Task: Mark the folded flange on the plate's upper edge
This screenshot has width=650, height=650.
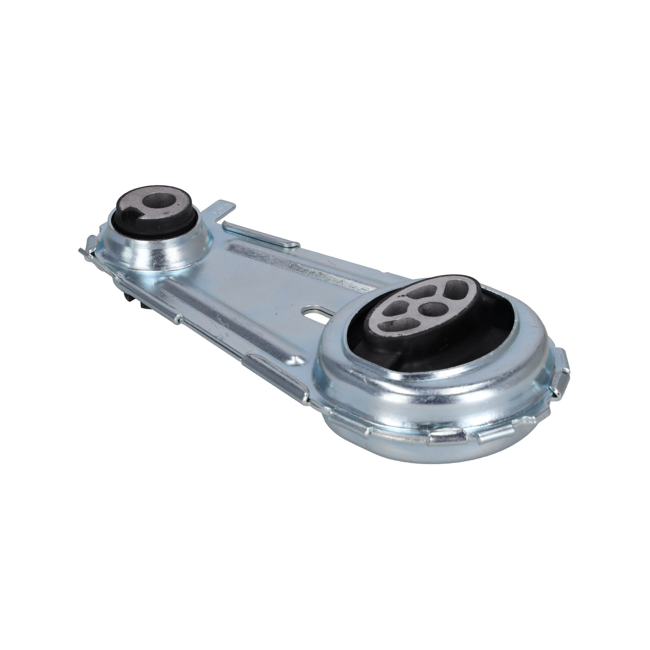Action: coord(260,234)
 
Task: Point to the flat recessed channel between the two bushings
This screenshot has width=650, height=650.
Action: coord(243,299)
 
